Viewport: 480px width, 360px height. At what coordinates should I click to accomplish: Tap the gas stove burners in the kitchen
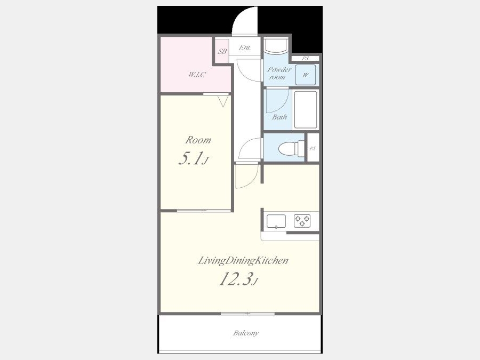[302, 221]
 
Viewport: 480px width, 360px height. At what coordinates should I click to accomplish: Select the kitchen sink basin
[276, 221]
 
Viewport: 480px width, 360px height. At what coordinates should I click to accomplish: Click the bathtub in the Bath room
[305, 109]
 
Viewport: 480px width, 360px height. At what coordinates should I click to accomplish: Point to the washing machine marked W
[306, 75]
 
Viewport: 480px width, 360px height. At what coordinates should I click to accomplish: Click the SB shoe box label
[222, 51]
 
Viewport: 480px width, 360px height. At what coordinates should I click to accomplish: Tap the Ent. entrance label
[245, 47]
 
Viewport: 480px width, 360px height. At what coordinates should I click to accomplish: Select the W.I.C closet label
[197, 74]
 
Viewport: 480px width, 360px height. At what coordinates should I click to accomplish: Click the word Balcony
[246, 333]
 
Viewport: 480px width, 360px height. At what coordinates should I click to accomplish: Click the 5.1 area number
[191, 158]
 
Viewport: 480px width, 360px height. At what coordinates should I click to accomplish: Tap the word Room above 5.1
[198, 140]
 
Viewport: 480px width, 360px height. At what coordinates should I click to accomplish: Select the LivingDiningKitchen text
[243, 260]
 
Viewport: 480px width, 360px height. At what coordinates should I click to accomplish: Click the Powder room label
[279, 73]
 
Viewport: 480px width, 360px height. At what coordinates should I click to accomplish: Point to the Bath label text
[279, 117]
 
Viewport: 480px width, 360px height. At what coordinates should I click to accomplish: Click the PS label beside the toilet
[313, 148]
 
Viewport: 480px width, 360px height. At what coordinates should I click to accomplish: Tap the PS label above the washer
[305, 58]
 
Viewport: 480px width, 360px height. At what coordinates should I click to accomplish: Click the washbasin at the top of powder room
[276, 46]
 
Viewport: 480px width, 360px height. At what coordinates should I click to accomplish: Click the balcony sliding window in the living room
[247, 314]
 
